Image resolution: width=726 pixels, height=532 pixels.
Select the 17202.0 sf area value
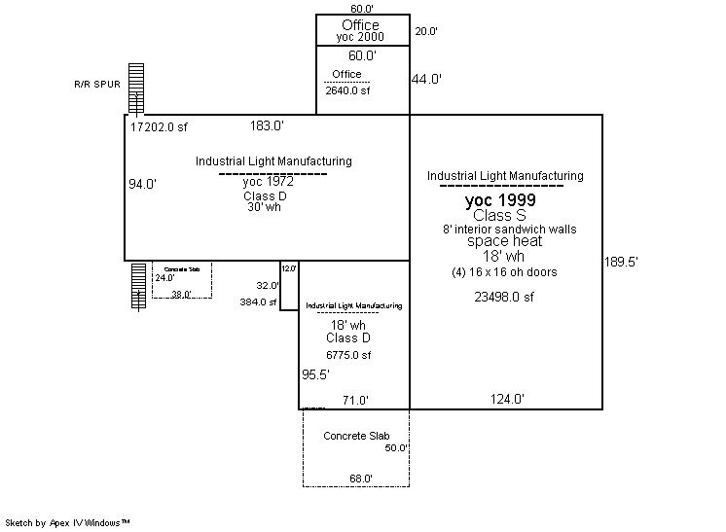click(x=159, y=126)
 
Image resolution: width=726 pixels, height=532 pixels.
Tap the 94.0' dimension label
click(x=142, y=183)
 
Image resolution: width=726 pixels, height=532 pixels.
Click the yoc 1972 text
click(x=267, y=181)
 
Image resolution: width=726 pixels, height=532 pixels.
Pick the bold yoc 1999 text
click(x=500, y=200)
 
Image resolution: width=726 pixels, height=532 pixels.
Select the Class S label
click(x=499, y=215)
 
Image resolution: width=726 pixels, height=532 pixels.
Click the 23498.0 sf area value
click(x=504, y=298)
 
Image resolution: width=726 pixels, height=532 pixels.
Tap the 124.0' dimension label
click(x=507, y=399)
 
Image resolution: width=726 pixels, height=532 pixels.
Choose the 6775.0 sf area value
click(x=348, y=355)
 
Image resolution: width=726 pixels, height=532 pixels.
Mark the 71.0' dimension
click(x=353, y=400)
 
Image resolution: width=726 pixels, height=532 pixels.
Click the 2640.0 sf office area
click(x=347, y=90)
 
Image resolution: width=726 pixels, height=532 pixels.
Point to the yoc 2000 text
click(x=360, y=37)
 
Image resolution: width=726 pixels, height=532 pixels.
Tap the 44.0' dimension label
click(x=426, y=80)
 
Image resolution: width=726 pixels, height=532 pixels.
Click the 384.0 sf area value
click(x=259, y=302)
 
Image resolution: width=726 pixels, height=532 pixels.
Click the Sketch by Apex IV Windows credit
click(x=68, y=522)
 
